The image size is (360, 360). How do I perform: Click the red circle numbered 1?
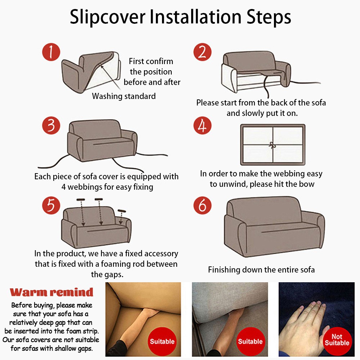point(51,52)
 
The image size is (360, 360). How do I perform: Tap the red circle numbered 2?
point(202,52)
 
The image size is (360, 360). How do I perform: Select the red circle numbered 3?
point(51,126)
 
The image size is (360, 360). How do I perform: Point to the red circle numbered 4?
point(202,126)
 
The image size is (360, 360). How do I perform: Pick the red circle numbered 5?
point(51,205)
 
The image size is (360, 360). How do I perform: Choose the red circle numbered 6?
point(202,205)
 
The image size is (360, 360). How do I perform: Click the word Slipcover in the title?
point(108,17)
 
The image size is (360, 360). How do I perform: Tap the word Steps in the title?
point(269,17)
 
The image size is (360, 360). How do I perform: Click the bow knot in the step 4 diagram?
point(273,145)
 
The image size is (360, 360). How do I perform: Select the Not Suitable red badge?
point(337,340)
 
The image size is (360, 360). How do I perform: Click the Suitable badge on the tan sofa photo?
point(162,341)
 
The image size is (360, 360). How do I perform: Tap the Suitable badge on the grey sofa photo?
point(250,341)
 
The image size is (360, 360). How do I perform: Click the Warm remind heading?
point(51,292)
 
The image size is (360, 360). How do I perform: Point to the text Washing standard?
point(124,96)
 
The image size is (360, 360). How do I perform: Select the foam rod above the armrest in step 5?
point(122,211)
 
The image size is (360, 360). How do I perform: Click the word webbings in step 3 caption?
point(85,187)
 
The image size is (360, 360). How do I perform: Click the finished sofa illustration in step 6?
point(274,226)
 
